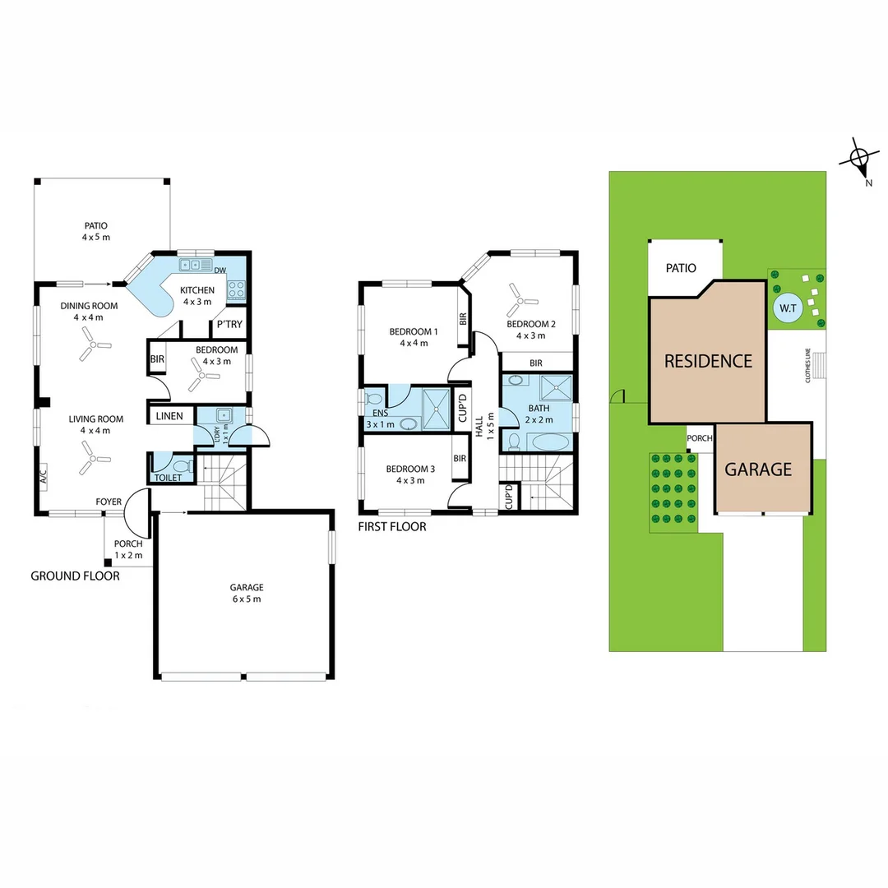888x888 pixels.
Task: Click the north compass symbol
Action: click(x=858, y=158)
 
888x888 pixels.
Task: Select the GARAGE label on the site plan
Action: click(x=758, y=469)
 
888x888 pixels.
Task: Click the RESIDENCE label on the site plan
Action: click(x=708, y=361)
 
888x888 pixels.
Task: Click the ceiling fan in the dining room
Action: click(x=92, y=346)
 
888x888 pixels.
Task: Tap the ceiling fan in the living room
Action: click(x=92, y=458)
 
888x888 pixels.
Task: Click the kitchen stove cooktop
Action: click(x=237, y=289)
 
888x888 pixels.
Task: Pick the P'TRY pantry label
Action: click(x=229, y=325)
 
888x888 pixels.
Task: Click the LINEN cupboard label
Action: click(x=169, y=417)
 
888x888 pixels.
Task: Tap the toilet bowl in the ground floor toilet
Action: click(x=183, y=467)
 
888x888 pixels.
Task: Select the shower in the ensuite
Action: click(x=435, y=409)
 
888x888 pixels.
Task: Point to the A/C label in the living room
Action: click(x=42, y=474)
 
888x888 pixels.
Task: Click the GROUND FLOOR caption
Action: click(x=75, y=576)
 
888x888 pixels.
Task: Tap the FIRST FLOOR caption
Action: click(x=392, y=526)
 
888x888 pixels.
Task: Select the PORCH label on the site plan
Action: click(x=699, y=438)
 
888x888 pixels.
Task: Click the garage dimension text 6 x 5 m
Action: click(x=246, y=599)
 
